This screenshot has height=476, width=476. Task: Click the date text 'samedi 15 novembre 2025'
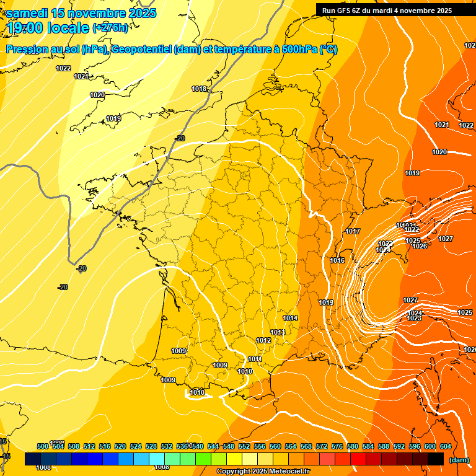pyautogui.click(x=81, y=13)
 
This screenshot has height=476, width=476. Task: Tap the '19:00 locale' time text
pyautogui.click(x=48, y=28)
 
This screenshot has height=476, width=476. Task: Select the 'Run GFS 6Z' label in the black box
pyautogui.click(x=345, y=11)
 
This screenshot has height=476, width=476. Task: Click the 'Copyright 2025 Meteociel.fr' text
pyautogui.click(x=263, y=472)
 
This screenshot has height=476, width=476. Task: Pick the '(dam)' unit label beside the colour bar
pyautogui.click(x=459, y=459)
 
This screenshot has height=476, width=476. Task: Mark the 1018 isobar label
pyautogui.click(x=199, y=89)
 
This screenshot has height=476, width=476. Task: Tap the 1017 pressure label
pyautogui.click(x=353, y=231)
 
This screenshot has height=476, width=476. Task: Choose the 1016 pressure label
pyautogui.click(x=337, y=260)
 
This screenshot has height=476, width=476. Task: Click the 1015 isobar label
pyautogui.click(x=327, y=302)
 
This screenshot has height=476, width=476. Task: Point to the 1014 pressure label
pyautogui.click(x=290, y=318)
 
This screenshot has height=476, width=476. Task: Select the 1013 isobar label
pyautogui.click(x=278, y=333)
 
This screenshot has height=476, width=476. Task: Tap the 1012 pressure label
pyautogui.click(x=263, y=340)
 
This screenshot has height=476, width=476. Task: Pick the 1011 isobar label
pyautogui.click(x=255, y=359)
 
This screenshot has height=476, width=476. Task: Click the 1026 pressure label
pyautogui.click(x=420, y=246)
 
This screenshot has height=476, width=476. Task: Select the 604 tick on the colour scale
pyautogui.click(x=446, y=446)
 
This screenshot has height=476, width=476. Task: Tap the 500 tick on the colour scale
pyautogui.click(x=43, y=446)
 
